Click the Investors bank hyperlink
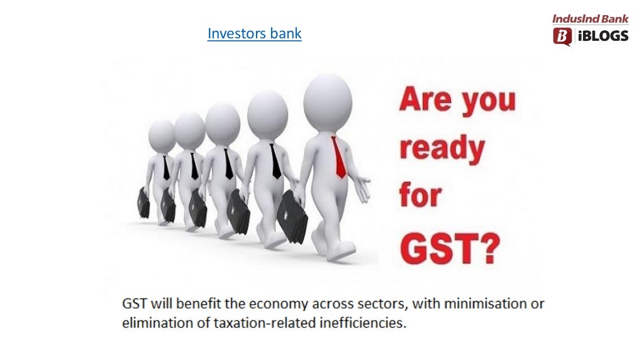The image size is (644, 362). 254,33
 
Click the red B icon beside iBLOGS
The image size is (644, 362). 562,36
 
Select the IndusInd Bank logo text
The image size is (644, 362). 590,19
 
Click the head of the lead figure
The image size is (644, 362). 327,101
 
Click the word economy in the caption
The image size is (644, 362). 277,304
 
